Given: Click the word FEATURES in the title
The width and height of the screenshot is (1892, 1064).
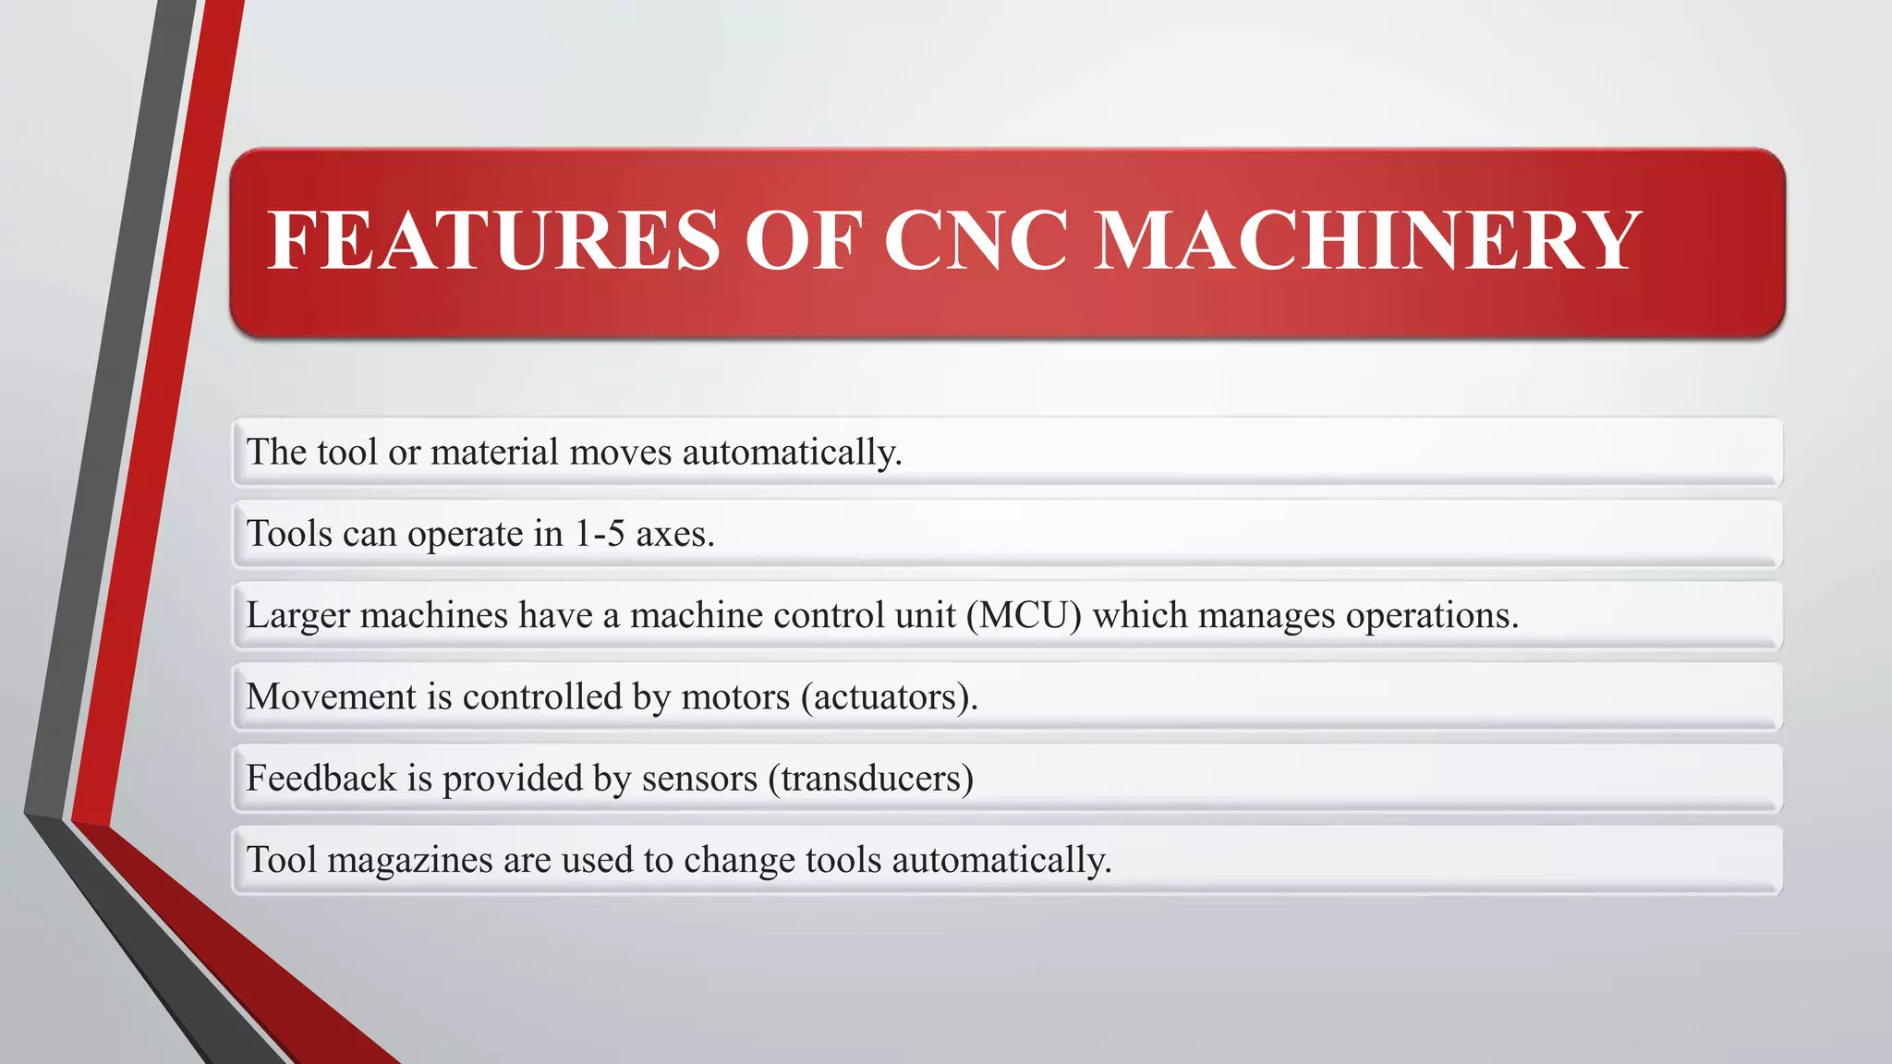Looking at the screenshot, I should coord(493,240).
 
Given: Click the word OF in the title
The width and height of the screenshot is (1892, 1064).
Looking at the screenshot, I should coord(803,240).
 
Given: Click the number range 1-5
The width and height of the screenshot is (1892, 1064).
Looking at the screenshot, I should coord(600,534).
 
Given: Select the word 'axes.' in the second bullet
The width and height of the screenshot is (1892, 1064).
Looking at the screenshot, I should coord(675,535).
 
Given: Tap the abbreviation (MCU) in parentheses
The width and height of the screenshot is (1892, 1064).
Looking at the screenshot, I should coord(1024,615).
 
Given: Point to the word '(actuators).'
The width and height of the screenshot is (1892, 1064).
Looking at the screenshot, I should coord(890,697).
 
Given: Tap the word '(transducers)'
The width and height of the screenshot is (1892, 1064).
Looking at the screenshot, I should coord(871,779).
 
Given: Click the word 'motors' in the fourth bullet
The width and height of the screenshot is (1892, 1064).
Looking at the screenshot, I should coord(735,696).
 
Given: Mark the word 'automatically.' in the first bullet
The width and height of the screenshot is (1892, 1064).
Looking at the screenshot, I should coord(792,453).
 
